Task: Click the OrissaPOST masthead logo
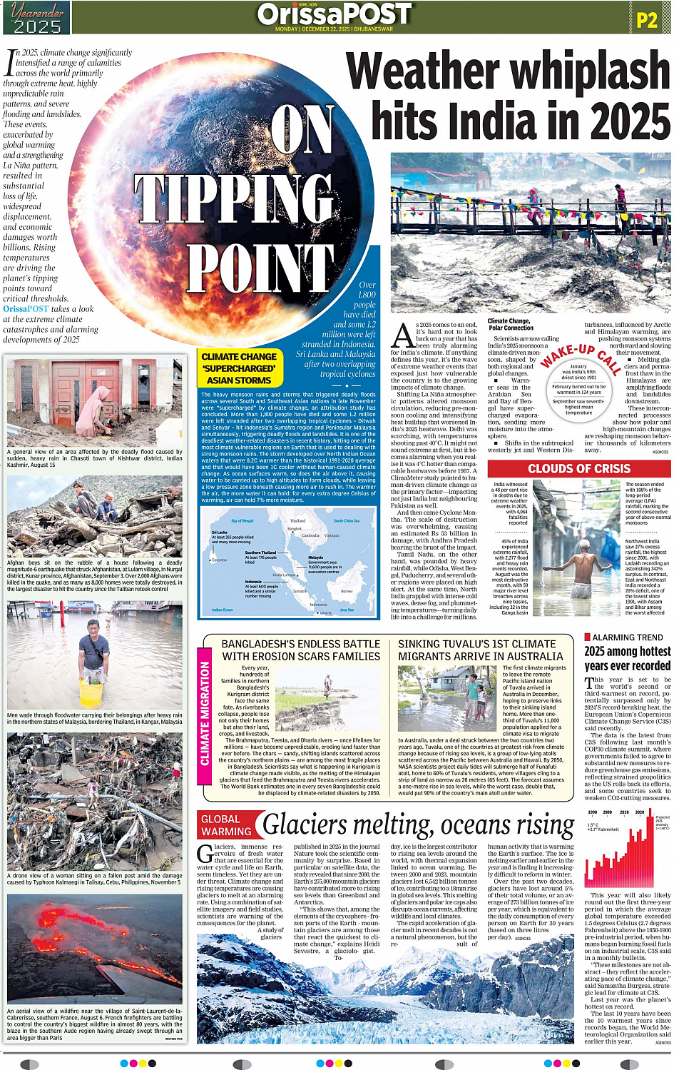click(335, 14)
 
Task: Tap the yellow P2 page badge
click(646, 20)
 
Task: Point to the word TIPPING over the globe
click(235, 198)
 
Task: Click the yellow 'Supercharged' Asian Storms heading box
click(240, 368)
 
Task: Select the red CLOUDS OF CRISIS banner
click(579, 469)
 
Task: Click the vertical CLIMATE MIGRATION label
click(205, 714)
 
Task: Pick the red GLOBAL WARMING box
click(226, 825)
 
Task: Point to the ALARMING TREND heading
click(628, 637)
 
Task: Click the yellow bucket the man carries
click(91, 694)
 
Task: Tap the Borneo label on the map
click(347, 591)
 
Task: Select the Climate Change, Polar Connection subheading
click(511, 325)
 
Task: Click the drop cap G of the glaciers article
click(205, 854)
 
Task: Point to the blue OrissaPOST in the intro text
click(26, 309)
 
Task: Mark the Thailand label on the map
click(297, 520)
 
